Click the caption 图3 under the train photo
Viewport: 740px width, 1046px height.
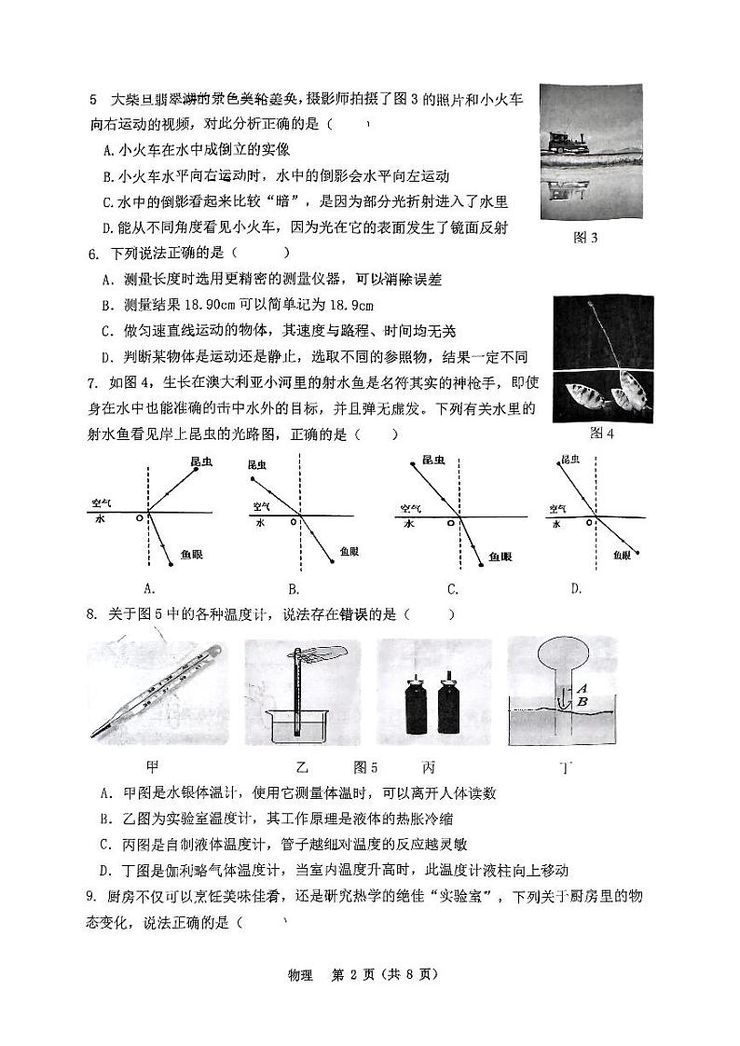tap(585, 238)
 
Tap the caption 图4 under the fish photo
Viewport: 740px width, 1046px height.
tap(602, 433)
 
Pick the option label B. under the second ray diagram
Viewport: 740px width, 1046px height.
tap(293, 588)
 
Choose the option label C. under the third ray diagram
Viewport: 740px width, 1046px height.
tap(453, 588)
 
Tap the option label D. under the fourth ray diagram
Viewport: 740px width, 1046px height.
tap(576, 587)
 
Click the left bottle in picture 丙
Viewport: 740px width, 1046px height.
tap(413, 709)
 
